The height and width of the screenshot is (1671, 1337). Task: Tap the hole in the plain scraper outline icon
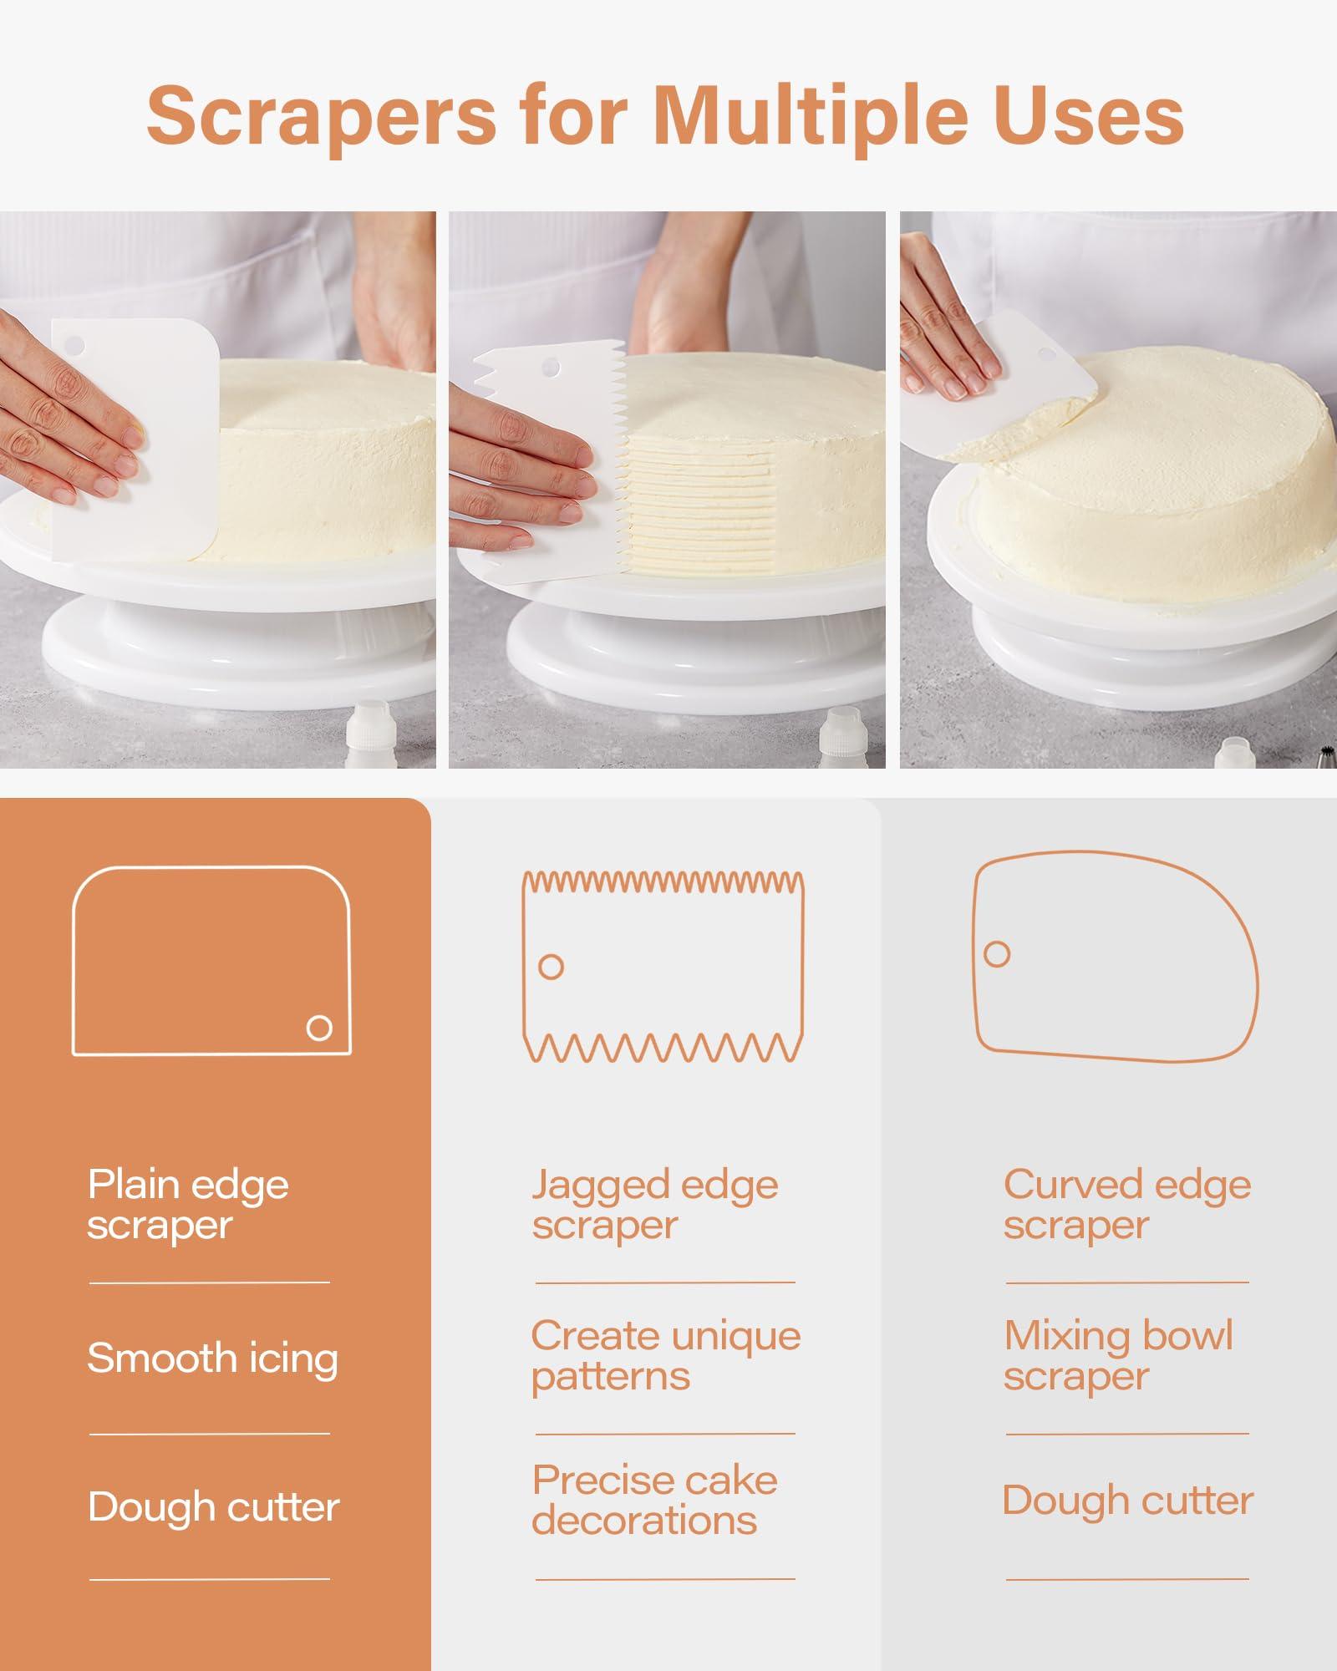tap(319, 1028)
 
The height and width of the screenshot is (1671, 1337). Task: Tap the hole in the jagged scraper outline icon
tap(551, 967)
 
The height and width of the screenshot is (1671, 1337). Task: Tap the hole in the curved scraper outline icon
tap(997, 953)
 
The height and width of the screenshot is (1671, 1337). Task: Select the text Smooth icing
tap(212, 1358)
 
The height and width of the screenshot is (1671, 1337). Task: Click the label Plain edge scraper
tap(188, 1204)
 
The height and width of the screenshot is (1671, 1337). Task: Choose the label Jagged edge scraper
tap(654, 1204)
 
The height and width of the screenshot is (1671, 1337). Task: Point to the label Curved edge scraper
tap(1126, 1204)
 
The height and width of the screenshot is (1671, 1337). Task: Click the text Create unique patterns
tap(665, 1355)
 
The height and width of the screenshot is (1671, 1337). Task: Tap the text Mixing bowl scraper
tap(1117, 1355)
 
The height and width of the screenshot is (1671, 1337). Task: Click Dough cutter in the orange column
tap(213, 1507)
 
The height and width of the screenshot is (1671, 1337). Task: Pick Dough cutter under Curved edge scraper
tap(1127, 1500)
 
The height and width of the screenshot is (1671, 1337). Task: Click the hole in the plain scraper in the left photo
tap(74, 343)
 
